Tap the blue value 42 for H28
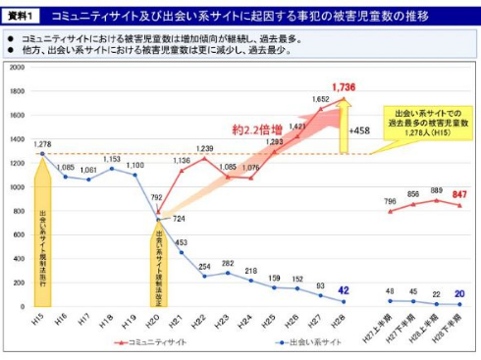(342, 290)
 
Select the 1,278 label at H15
(42, 144)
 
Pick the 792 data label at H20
(156, 198)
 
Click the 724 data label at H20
(178, 219)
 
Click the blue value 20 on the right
(459, 293)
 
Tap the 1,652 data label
(321, 99)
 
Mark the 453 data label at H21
(181, 242)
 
